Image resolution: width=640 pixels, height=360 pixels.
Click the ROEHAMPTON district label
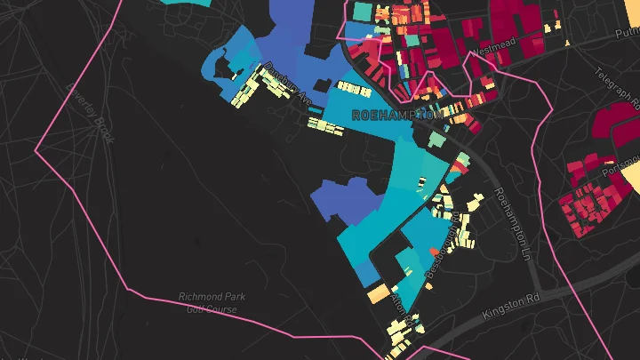(x=396, y=116)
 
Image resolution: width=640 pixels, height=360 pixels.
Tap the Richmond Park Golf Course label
(x=212, y=302)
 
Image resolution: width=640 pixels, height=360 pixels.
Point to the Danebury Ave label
(x=289, y=85)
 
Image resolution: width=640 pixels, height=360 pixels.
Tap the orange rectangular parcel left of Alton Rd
(x=379, y=292)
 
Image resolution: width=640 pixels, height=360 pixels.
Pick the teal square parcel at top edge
(x=363, y=11)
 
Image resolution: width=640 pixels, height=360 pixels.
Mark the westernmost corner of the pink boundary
(x=36, y=151)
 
